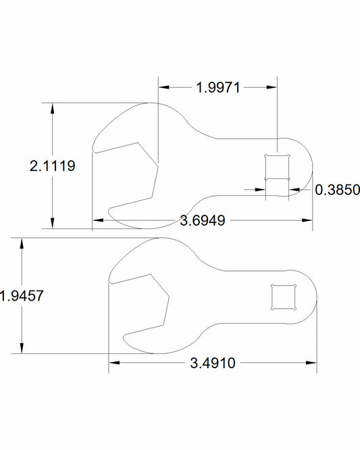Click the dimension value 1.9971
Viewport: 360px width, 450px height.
pos(219,86)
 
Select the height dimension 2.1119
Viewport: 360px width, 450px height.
pos(52,166)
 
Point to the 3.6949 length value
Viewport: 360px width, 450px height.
pos(203,220)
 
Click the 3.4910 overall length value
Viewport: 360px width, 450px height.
pos(212,363)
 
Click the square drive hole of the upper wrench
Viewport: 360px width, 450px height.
pos(278,166)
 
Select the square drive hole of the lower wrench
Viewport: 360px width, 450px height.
pos(282,297)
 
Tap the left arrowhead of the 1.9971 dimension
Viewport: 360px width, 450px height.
pos(163,86)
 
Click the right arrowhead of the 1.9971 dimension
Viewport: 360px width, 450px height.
pos(274,86)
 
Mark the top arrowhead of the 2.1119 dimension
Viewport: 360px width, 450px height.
pos(52,107)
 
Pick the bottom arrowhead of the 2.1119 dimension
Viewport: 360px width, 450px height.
pos(52,225)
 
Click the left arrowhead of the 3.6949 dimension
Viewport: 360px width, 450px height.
pos(97,220)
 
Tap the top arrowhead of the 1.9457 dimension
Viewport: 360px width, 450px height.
pos(22,241)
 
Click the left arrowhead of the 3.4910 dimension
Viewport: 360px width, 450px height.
pos(113,363)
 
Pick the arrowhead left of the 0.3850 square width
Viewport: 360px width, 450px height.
pos(261,190)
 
